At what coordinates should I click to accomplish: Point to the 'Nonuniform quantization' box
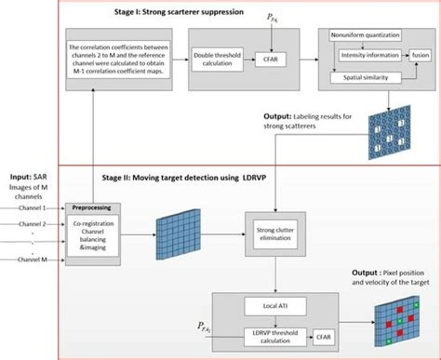click(365, 34)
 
